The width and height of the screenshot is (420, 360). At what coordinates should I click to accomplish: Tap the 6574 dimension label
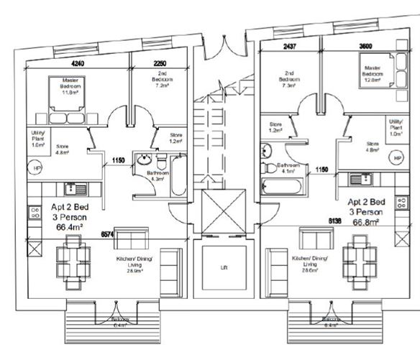point(107,234)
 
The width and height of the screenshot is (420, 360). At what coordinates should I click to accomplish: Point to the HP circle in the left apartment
point(37,167)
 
